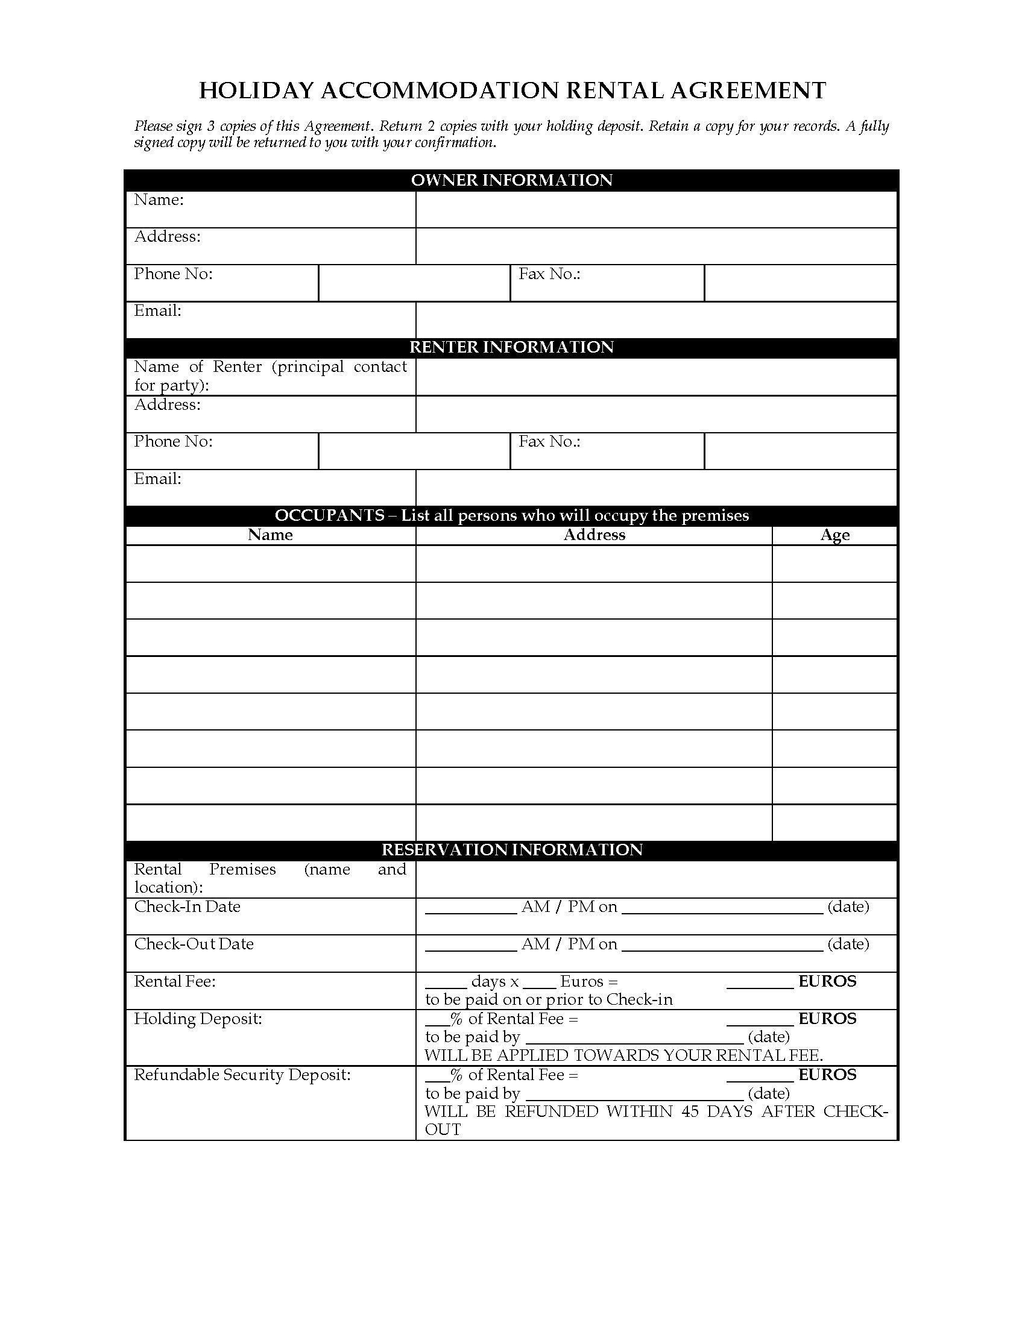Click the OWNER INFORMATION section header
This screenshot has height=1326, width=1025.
511,180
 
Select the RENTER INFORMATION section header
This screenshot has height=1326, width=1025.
511,347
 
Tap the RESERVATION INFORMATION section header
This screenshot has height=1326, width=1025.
511,849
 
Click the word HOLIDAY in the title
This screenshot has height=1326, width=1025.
256,90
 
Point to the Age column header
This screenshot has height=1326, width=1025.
834,535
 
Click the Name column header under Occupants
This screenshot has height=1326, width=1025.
270,535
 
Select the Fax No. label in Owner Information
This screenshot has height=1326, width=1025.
549,274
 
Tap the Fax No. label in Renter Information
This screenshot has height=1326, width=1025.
549,441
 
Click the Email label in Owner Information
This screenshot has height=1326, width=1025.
158,311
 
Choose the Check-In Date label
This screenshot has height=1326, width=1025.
187,907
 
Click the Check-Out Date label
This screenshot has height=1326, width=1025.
194,943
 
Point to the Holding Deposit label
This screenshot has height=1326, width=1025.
198,1018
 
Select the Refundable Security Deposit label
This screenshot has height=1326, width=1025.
242,1075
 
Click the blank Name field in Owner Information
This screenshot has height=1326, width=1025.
656,210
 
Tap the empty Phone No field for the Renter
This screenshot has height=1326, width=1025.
414,450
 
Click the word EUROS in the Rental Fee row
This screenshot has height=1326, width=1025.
827,981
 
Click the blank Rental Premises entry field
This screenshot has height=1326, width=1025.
656,879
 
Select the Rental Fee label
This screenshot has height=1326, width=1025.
175,981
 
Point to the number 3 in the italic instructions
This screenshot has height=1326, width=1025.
211,127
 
